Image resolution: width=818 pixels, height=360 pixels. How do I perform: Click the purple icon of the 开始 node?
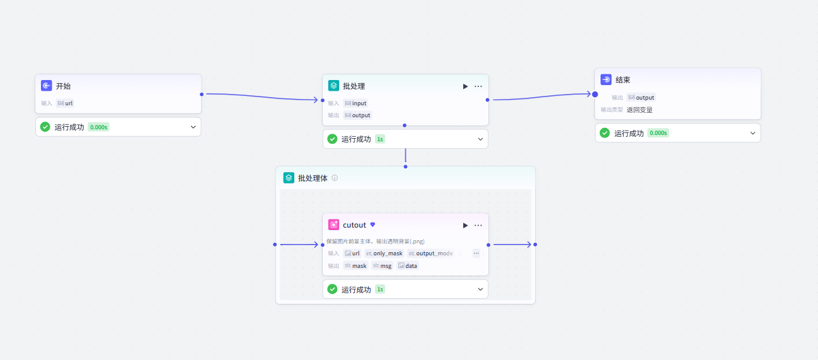(x=47, y=86)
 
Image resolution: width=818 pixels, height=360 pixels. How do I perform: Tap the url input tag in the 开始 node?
(x=66, y=103)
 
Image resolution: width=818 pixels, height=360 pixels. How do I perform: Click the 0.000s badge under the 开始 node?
(x=98, y=127)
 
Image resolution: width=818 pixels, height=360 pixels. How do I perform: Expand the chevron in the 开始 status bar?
(x=193, y=127)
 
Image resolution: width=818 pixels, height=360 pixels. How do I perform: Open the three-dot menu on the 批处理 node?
(x=478, y=86)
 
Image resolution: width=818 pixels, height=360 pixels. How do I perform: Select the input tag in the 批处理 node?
(x=355, y=103)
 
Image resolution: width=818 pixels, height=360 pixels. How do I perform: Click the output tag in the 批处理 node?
(x=358, y=115)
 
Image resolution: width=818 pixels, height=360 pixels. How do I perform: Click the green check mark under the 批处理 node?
(x=332, y=139)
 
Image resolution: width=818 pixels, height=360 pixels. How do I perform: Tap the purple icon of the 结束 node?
(x=606, y=79)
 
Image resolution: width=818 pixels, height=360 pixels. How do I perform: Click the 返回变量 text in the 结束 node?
(x=640, y=110)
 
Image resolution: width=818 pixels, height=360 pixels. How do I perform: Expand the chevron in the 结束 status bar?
(x=752, y=133)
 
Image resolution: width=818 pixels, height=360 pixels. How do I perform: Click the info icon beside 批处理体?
(x=335, y=178)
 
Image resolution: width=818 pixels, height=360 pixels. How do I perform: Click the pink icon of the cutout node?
(x=334, y=224)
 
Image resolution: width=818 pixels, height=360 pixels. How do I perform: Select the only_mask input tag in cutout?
(x=384, y=253)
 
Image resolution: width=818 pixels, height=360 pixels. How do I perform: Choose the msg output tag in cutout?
(x=382, y=265)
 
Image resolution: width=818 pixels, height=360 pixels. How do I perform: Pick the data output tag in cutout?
(x=408, y=265)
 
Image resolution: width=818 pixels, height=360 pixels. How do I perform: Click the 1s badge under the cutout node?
(x=380, y=289)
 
